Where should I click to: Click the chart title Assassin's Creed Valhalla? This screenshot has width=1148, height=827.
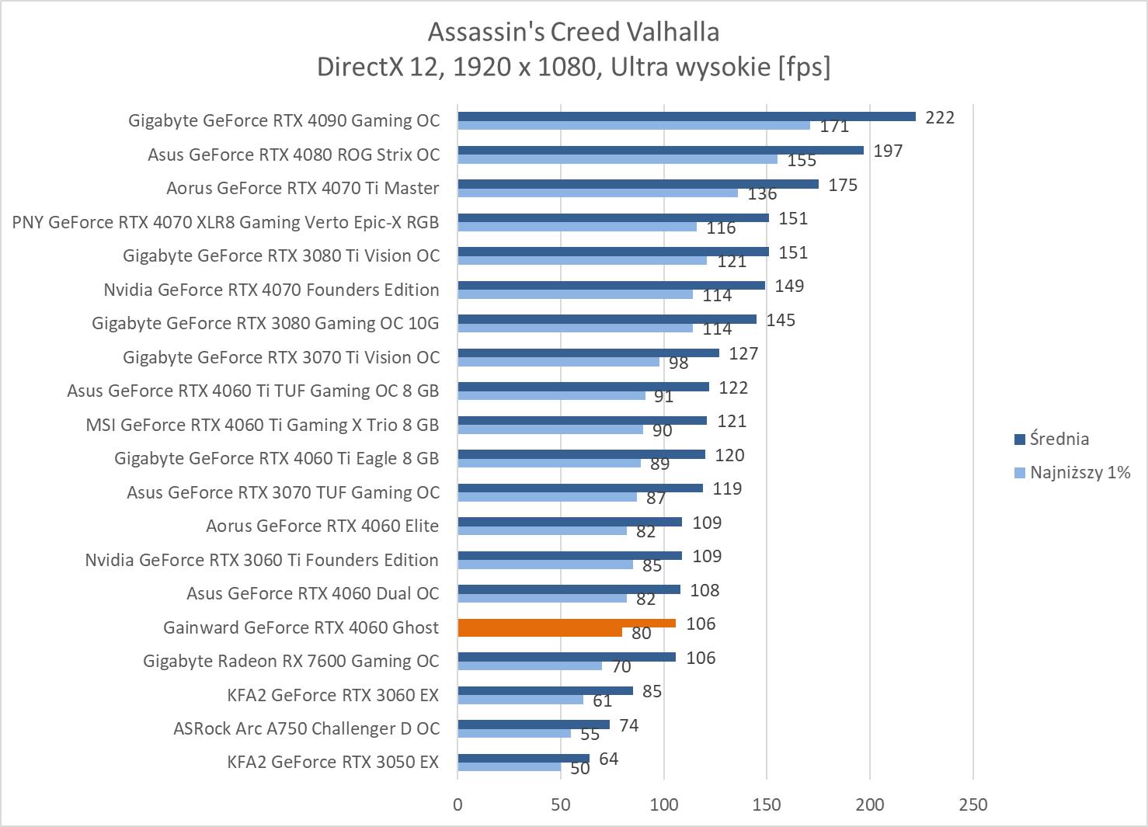tap(573, 32)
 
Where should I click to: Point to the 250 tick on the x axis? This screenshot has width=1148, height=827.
tap(973, 804)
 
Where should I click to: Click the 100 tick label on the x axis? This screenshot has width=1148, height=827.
tap(664, 804)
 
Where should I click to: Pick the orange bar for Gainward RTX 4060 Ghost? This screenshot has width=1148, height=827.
tap(566, 624)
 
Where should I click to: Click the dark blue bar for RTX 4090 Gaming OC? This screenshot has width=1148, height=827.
tap(686, 116)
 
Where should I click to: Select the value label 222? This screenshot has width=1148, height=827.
tap(940, 117)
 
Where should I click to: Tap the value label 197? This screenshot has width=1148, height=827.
tap(888, 151)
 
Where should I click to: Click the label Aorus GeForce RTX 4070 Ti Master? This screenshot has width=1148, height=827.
tap(302, 189)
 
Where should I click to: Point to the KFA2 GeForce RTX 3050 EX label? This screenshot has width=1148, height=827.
tap(332, 762)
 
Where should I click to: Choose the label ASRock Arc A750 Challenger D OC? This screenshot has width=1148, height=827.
tap(306, 728)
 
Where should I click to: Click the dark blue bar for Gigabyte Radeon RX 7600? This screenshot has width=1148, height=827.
tap(566, 657)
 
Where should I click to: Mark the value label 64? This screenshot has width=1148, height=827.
tap(609, 759)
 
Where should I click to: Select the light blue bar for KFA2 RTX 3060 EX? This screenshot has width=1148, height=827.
tap(520, 700)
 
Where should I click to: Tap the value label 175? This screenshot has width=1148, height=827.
tap(843, 185)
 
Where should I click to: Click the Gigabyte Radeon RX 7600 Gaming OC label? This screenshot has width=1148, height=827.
tap(290, 661)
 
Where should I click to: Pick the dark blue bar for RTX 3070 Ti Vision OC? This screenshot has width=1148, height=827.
tap(588, 353)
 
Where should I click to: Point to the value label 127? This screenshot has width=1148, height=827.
tap(743, 353)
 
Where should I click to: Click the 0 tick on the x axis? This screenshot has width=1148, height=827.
tap(457, 804)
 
